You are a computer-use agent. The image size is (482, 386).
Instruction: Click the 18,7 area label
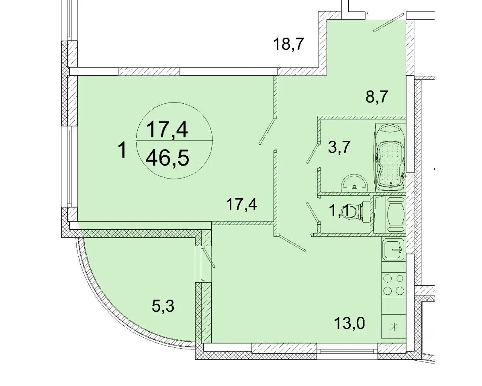(288, 44)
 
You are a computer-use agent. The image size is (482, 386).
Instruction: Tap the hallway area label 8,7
(377, 97)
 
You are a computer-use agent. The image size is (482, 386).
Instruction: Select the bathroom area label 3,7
(339, 147)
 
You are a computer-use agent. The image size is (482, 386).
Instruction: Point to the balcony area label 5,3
(163, 306)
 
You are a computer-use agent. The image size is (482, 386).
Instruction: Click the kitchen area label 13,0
(349, 323)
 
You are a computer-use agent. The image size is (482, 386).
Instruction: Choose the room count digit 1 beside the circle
(123, 151)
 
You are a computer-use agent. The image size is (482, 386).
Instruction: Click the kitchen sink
(393, 249)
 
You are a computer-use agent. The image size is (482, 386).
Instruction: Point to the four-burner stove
(394, 285)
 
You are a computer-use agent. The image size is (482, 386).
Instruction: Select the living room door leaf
(267, 131)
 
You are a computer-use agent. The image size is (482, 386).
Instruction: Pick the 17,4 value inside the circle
(167, 129)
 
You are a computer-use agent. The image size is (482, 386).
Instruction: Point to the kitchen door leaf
(291, 243)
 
